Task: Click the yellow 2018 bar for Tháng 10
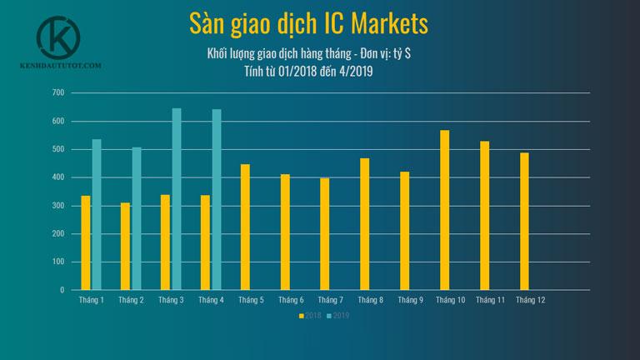[x=445, y=210]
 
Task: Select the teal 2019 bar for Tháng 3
[x=177, y=199]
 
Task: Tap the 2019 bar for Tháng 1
[x=97, y=214]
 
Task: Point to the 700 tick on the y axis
[x=57, y=92]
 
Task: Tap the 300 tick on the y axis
[x=57, y=206]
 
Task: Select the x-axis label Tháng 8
[x=370, y=300]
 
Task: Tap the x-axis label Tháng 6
[x=291, y=300]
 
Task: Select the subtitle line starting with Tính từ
[x=308, y=72]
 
